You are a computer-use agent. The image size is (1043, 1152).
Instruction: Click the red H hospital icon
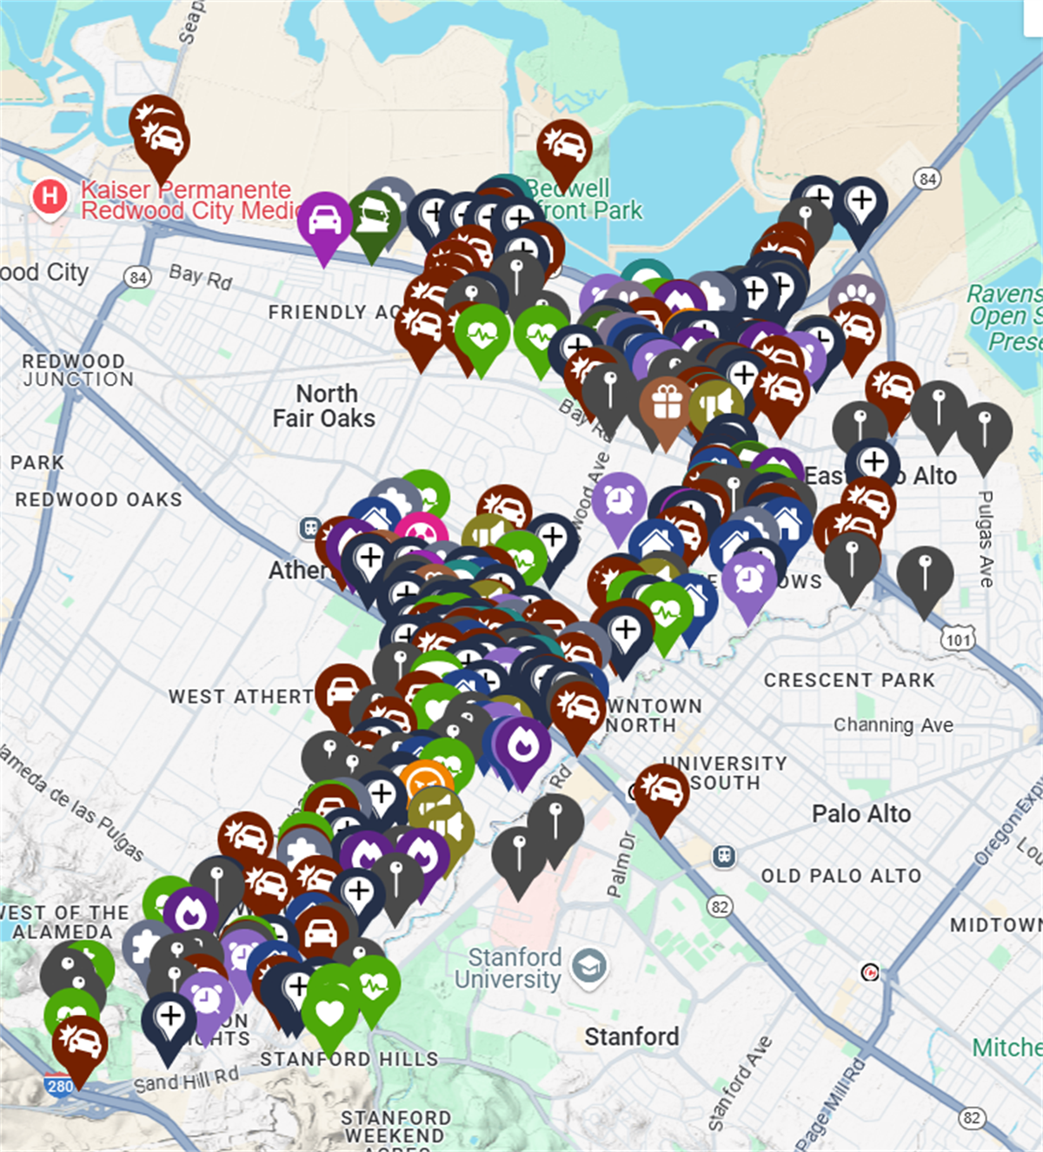[x=50, y=196]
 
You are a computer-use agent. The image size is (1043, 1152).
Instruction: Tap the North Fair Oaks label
[x=324, y=406]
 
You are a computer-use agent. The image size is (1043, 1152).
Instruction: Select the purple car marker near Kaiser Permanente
[x=324, y=221]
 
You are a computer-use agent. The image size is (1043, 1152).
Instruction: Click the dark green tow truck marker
[x=374, y=216]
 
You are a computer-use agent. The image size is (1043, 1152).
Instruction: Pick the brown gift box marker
[x=667, y=403]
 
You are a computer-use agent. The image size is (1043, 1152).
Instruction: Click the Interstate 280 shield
[x=60, y=1085]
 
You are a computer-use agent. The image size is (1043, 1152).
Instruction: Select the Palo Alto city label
[x=860, y=813]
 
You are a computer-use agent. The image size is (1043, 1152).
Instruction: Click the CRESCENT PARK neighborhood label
[x=849, y=680]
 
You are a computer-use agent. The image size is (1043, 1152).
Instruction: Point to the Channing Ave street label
[x=893, y=725]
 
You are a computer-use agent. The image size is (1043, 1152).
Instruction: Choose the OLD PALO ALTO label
[x=840, y=876]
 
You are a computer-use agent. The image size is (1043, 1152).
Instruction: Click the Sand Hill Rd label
[x=186, y=1081]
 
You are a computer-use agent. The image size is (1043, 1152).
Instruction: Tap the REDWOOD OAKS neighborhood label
[x=98, y=500]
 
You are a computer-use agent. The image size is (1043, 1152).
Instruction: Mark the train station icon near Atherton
[x=309, y=527]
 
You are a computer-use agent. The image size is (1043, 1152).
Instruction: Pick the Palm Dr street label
[x=621, y=864]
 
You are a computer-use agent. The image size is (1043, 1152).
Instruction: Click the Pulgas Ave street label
[x=986, y=539]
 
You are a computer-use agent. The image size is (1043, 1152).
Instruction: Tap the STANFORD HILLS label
[x=349, y=1059]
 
